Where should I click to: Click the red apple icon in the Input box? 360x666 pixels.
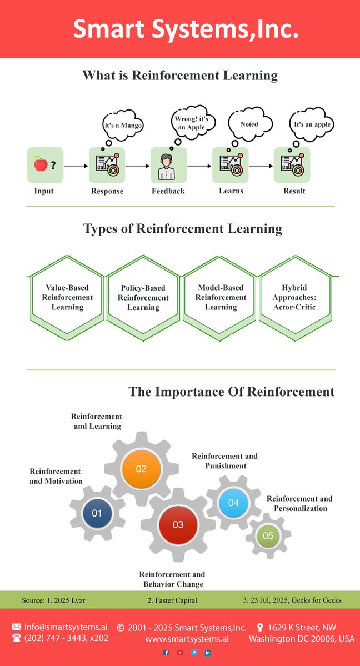pos(40,164)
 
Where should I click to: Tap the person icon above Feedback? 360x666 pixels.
pos(168,166)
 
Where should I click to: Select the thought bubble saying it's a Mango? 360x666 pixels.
pos(123,126)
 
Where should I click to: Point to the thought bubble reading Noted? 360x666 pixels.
pos(249,124)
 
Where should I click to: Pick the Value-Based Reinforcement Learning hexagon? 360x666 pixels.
pos(67,297)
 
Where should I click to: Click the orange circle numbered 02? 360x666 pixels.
pos(141,468)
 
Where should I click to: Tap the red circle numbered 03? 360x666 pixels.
pos(178,524)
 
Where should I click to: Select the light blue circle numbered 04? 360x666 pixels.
pos(233,503)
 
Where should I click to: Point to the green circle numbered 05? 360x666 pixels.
pos(268,535)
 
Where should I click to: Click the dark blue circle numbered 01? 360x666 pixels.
pos(97,513)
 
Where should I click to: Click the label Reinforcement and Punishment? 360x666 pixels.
pos(224,461)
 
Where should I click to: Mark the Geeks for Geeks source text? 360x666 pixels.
pos(292,600)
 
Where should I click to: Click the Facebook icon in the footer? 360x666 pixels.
pos(166,653)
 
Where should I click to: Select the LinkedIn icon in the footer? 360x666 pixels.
pos(208,653)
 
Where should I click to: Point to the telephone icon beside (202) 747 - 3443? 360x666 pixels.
pos(16,638)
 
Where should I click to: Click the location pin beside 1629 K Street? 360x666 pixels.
pos(259,627)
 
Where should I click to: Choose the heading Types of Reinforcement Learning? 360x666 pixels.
pos(182,228)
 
